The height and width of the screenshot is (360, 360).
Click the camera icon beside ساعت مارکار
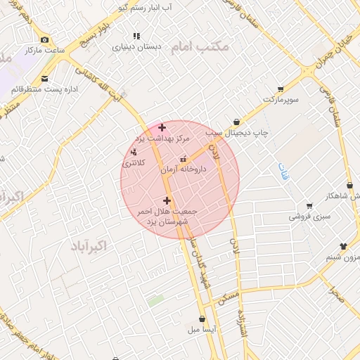coord(46,39)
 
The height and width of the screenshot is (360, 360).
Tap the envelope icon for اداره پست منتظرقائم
coord(46,79)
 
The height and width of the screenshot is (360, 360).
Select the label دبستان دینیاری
coord(138,47)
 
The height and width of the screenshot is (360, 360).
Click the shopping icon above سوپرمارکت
coord(281,89)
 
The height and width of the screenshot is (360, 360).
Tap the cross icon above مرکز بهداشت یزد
coord(162,127)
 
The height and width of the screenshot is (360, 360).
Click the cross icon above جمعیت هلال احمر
coord(167,201)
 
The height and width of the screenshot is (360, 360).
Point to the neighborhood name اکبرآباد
coord(89,245)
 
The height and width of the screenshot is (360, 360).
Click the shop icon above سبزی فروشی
coord(309,206)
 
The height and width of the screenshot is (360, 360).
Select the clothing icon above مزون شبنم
coord(343,246)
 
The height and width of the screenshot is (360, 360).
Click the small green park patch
coord(156,300)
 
